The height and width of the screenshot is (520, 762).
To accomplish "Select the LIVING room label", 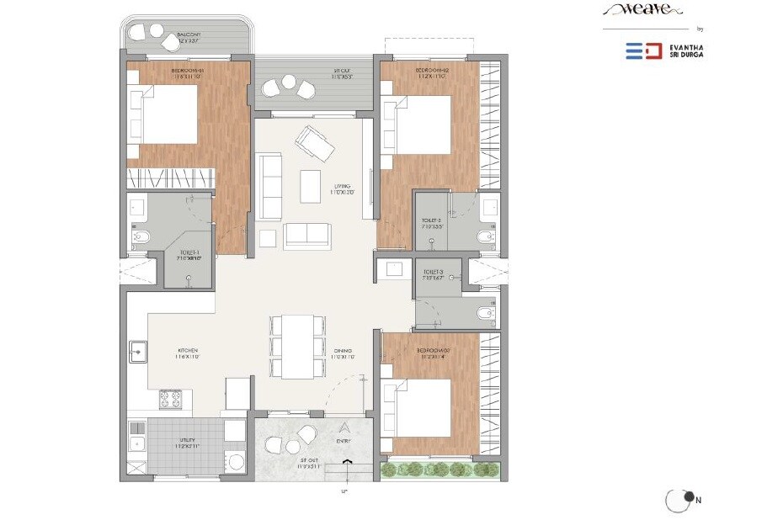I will click(341, 187).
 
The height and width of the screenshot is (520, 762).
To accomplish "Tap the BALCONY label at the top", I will click(187, 36).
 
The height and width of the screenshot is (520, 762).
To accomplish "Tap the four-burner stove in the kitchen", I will click(171, 398).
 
